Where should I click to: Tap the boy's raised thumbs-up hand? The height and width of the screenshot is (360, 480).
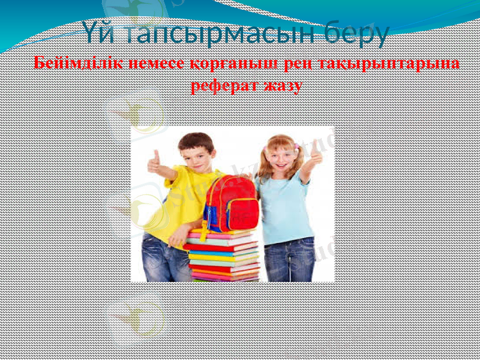155,163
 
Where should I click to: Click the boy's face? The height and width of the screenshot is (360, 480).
196,155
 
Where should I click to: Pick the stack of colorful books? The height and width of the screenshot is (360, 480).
223,255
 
